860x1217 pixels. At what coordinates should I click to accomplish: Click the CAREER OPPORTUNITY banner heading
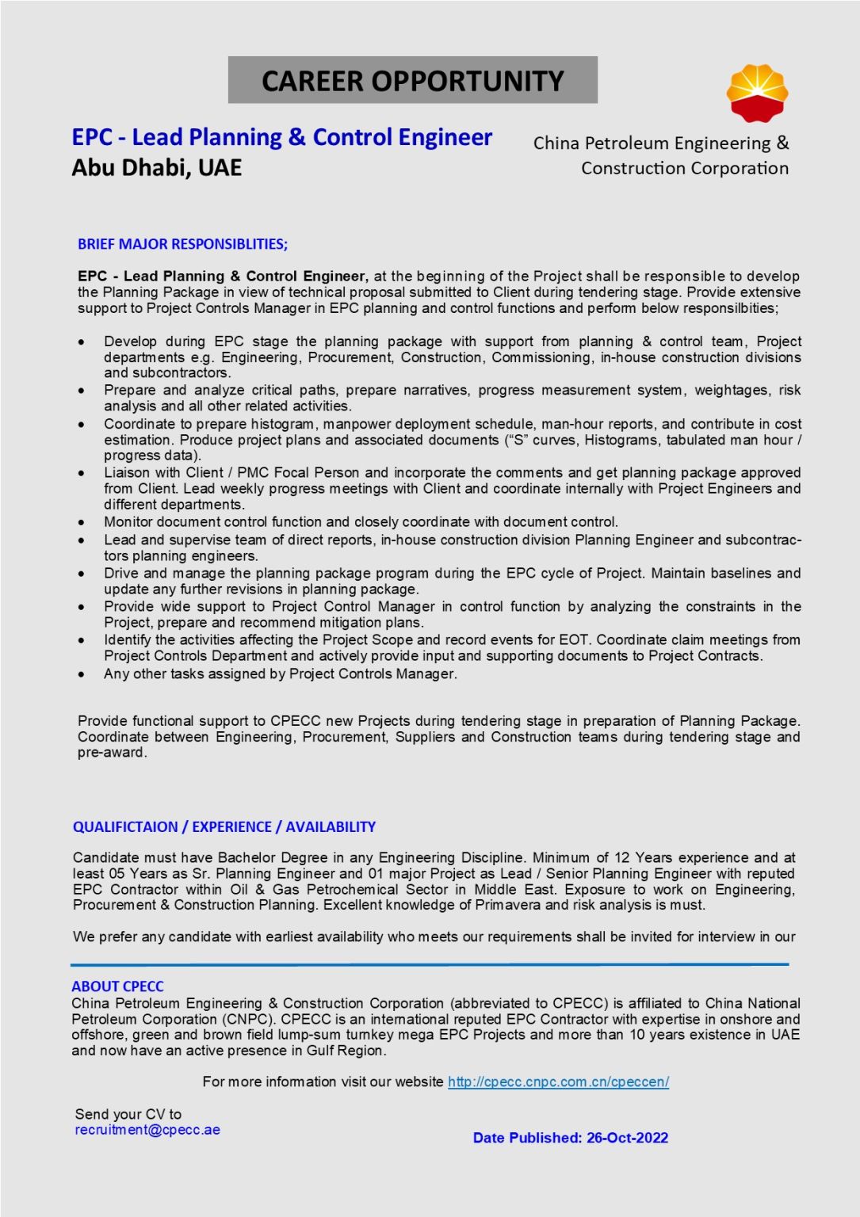(x=412, y=81)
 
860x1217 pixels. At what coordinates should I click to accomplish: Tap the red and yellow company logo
(x=757, y=93)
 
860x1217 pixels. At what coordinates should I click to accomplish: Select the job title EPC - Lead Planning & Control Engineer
(x=281, y=138)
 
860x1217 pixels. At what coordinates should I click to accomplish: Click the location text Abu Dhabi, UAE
(x=156, y=168)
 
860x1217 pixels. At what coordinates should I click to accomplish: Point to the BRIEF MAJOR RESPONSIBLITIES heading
(x=182, y=244)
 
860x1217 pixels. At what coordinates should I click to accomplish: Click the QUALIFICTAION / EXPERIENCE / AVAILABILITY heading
(x=224, y=827)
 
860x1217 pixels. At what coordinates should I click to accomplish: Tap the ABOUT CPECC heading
(x=117, y=986)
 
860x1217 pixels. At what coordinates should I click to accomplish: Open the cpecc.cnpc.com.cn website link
(x=558, y=1082)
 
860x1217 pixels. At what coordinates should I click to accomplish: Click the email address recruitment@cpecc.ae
(x=147, y=1130)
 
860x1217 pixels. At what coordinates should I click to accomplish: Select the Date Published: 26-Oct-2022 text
(x=570, y=1138)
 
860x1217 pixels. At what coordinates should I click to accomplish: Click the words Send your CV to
(x=128, y=1114)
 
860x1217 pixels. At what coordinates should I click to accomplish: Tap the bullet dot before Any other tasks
(x=82, y=674)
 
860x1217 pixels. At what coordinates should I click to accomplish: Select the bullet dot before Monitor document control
(x=82, y=522)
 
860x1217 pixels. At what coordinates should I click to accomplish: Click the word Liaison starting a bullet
(x=127, y=472)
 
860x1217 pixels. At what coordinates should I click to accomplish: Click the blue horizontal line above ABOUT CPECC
(x=429, y=964)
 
